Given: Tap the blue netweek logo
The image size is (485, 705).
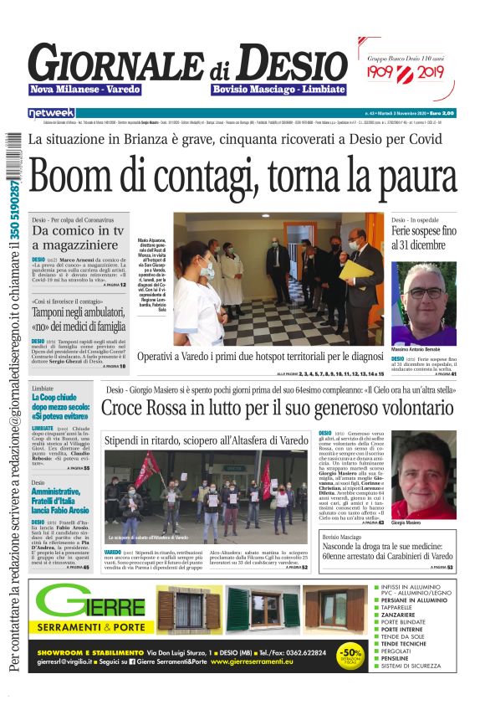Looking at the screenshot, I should pyautogui.click(x=51, y=112).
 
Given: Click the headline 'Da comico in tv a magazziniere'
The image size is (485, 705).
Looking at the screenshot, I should pyautogui.click(x=78, y=238).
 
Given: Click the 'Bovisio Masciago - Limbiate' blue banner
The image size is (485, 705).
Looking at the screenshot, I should pyautogui.click(x=278, y=89).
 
